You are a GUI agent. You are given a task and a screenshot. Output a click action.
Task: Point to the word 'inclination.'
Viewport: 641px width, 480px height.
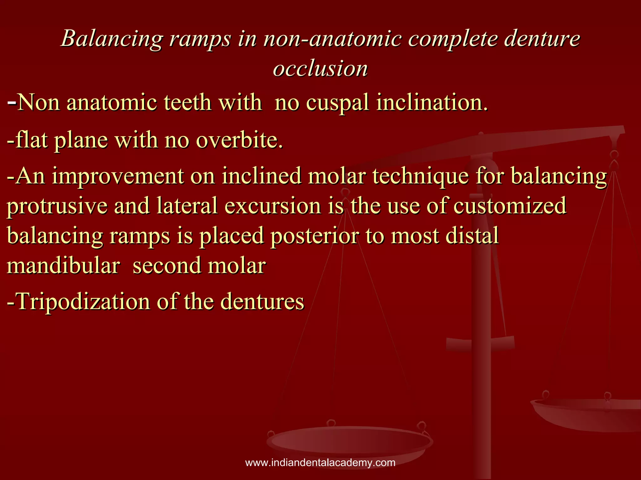pyautogui.click(x=432, y=102)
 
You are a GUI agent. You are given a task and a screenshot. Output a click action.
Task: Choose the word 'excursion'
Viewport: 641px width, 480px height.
pyautogui.click(x=273, y=206)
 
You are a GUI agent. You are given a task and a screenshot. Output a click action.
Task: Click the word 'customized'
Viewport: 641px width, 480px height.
pyautogui.click(x=510, y=206)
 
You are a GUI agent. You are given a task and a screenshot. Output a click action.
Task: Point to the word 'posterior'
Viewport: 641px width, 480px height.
pyautogui.click(x=315, y=236)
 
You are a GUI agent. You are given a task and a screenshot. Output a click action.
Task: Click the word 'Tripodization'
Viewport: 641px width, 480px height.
pyautogui.click(x=83, y=302)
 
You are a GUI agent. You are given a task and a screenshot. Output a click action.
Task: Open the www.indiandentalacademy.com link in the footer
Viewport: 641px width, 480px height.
pyautogui.click(x=320, y=462)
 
